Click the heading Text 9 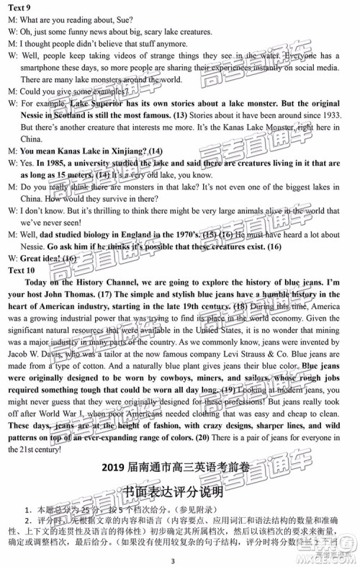pos(22,8)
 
